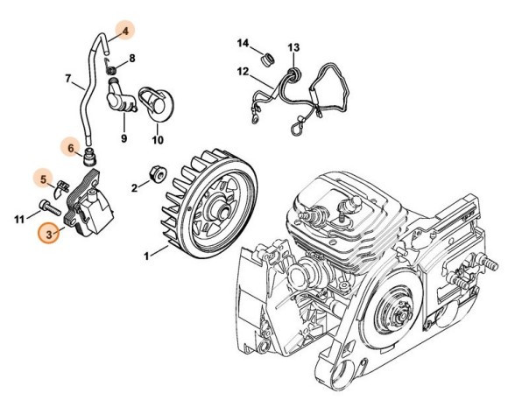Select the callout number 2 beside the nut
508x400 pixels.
134,186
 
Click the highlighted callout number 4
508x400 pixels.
126,32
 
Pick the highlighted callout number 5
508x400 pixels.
40,180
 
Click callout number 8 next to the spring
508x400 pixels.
132,59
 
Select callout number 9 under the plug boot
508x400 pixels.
123,137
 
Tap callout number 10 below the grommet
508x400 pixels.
158,137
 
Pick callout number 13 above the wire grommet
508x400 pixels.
294,46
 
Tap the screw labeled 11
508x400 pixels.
45,208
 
